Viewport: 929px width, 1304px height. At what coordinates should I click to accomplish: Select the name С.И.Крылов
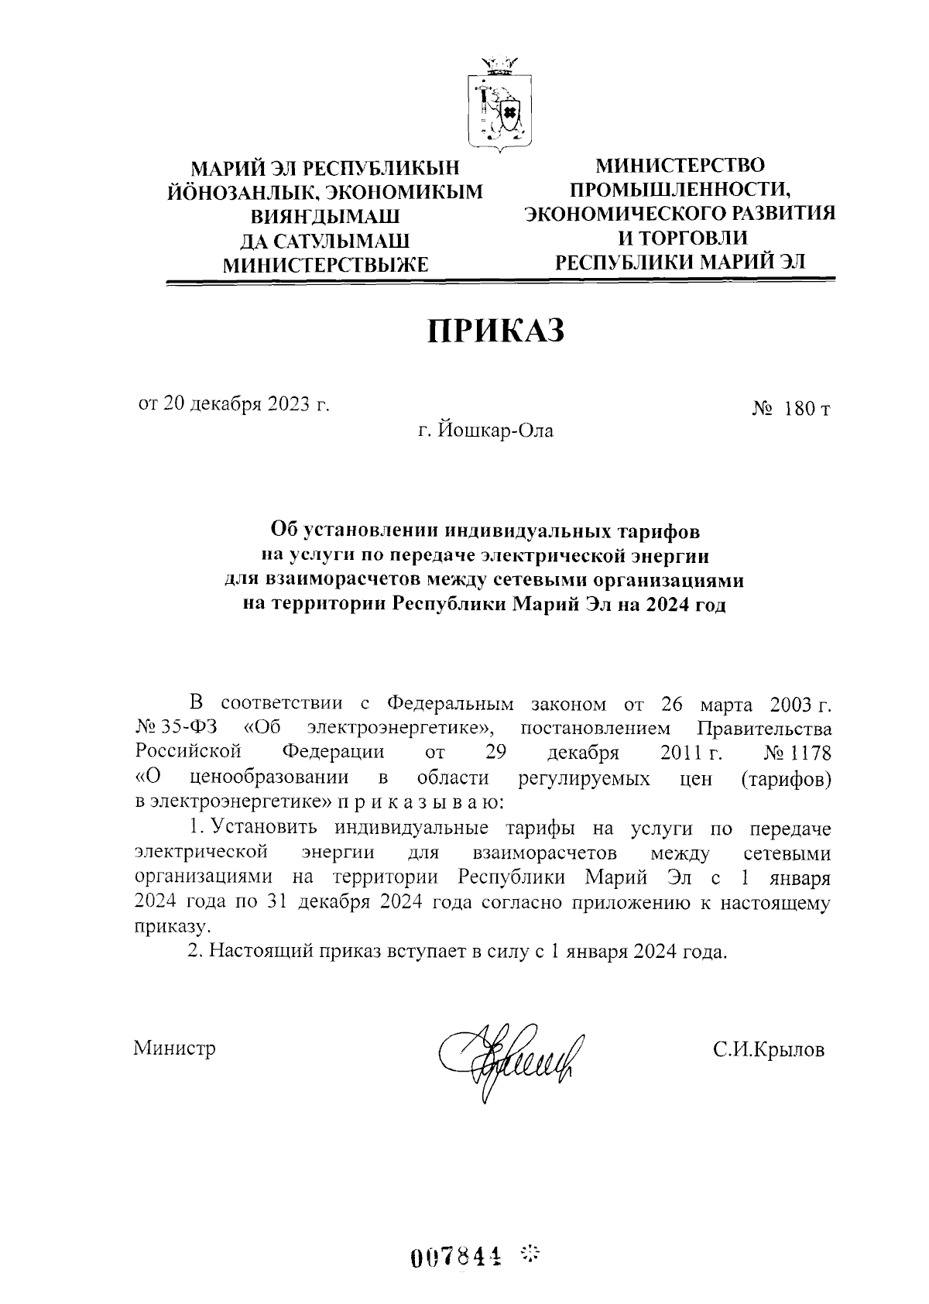(769, 1050)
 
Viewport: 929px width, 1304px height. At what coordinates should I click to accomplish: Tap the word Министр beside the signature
(174, 1048)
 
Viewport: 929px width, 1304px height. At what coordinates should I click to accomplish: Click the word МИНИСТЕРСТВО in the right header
(680, 165)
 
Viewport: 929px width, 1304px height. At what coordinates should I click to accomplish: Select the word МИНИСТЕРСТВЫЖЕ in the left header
(325, 266)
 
